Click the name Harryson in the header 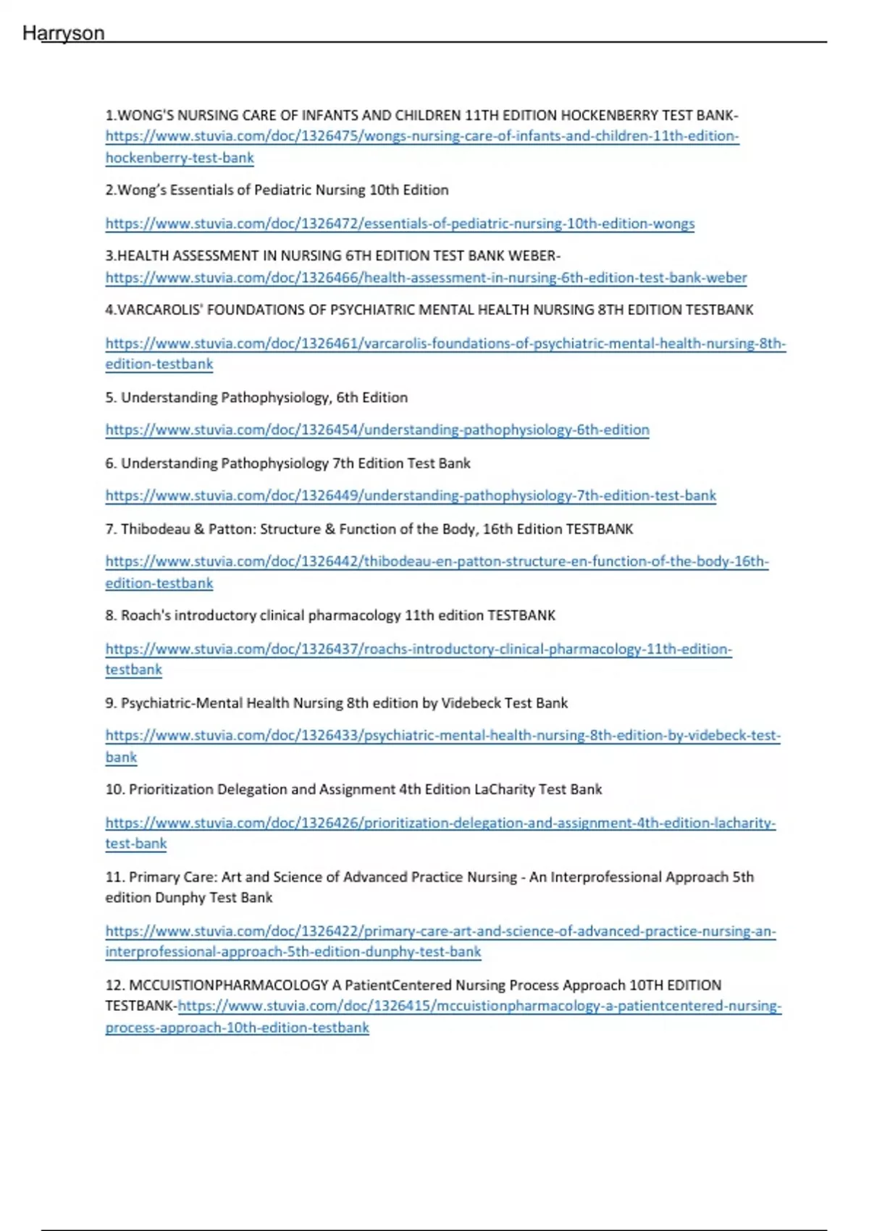click(64, 33)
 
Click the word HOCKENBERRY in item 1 click(609, 115)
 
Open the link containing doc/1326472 click(400, 224)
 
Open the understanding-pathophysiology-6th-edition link click(377, 430)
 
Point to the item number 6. click(110, 463)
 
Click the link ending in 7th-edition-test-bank click(411, 496)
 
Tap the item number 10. click(114, 789)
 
